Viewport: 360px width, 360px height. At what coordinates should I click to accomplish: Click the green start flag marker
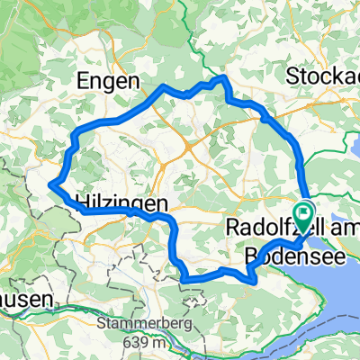coord(304,216)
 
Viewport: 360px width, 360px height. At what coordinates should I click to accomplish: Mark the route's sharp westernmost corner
coord(51,185)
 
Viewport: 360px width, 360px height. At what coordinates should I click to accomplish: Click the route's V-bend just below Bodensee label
coord(256,280)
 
